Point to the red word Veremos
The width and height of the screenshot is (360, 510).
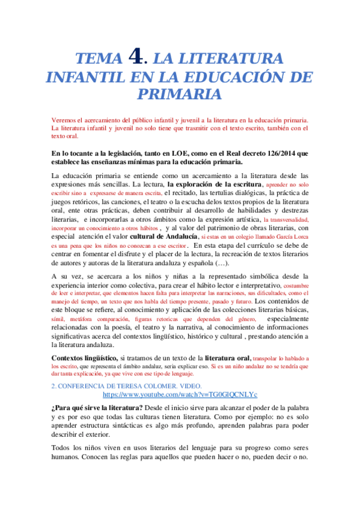tap(66, 120)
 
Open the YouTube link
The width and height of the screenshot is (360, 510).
tap(180, 394)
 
